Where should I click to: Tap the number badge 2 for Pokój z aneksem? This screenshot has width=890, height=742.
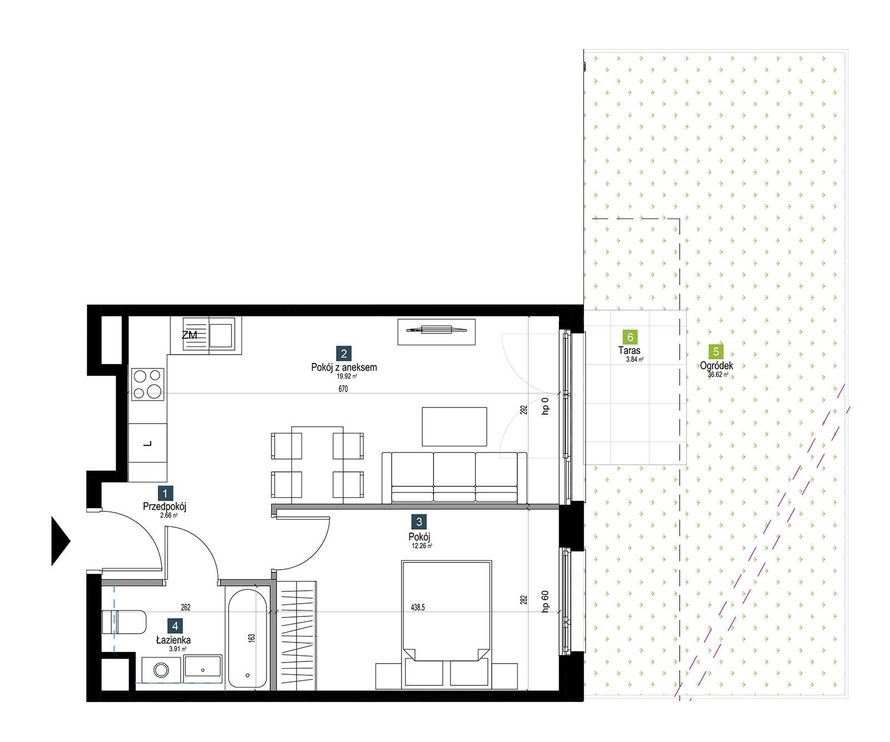pyautogui.click(x=344, y=353)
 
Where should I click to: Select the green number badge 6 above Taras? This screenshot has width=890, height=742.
pyautogui.click(x=630, y=337)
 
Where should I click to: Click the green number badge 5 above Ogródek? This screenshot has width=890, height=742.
pyautogui.click(x=716, y=351)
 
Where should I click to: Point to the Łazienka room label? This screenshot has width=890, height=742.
pyautogui.click(x=173, y=640)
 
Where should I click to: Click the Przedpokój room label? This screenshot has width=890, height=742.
pyautogui.click(x=164, y=506)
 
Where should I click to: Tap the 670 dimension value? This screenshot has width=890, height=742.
pyautogui.click(x=343, y=389)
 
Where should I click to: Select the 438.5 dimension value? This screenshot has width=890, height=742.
pyautogui.click(x=418, y=607)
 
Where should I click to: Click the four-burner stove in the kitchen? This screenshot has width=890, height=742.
pyautogui.click(x=147, y=384)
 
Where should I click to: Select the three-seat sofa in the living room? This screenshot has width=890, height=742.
pyautogui.click(x=454, y=478)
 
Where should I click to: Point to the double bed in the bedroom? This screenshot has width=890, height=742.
pyautogui.click(x=447, y=610)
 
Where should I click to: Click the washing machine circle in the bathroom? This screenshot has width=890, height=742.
pyautogui.click(x=161, y=670)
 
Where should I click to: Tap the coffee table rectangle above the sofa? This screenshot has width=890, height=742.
pyautogui.click(x=454, y=427)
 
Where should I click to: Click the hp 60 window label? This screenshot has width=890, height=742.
pyautogui.click(x=545, y=600)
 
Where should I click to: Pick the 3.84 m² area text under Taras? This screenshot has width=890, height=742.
pyautogui.click(x=635, y=360)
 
